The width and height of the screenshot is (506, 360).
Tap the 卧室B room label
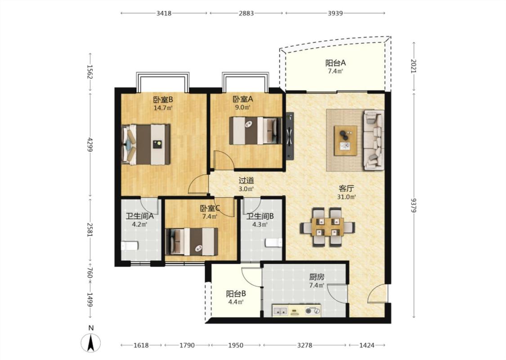click(163, 99)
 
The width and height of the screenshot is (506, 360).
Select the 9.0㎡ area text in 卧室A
click(242, 108)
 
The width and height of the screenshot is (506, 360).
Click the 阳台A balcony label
click(335, 63)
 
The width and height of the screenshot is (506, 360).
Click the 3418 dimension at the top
click(164, 13)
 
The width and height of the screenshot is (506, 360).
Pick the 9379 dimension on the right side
click(414, 205)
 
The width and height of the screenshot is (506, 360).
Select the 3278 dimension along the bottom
click(304, 345)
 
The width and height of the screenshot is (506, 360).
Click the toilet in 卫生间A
click(130, 246)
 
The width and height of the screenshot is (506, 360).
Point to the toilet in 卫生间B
click(273, 243)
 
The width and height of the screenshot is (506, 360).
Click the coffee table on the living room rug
click(345, 140)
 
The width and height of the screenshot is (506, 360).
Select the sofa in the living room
click(374, 140)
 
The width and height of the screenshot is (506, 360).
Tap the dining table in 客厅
click(327, 227)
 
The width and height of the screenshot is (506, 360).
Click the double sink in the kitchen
click(280, 311)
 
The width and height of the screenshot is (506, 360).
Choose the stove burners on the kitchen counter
click(313, 311)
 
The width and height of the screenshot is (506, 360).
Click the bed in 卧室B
click(146, 144)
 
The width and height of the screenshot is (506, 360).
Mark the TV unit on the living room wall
click(290, 135)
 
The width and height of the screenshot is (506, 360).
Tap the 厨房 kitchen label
click(317, 277)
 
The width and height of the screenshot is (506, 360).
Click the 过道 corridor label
click(246, 181)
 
